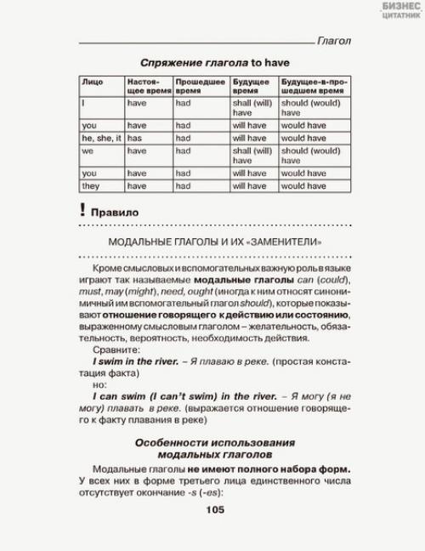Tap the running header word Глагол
click(333, 40)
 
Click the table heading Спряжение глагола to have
click(214, 62)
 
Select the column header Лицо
click(92, 82)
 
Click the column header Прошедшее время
click(199, 87)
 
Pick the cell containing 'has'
click(135, 138)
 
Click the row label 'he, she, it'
click(101, 138)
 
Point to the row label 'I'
click(83, 102)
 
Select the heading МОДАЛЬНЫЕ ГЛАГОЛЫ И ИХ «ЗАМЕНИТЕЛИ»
click(214, 242)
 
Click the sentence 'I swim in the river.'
click(135, 361)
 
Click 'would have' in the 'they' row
click(303, 185)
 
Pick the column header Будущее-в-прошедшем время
click(312, 87)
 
